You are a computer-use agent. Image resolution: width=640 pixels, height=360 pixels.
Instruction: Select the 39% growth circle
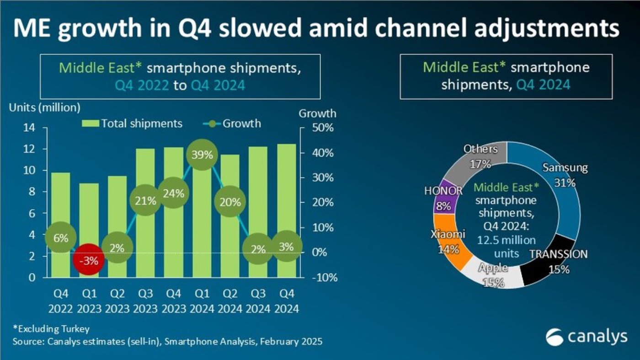[202, 155]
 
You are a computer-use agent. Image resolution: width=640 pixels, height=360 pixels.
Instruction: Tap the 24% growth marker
[173, 193]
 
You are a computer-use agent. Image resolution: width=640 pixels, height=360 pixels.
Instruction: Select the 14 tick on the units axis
[28, 128]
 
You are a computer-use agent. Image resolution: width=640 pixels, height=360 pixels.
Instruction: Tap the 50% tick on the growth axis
[323, 128]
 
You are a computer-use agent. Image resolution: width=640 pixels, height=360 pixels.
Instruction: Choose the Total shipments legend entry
[132, 124]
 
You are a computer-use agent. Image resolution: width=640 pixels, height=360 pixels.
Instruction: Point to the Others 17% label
[480, 156]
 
